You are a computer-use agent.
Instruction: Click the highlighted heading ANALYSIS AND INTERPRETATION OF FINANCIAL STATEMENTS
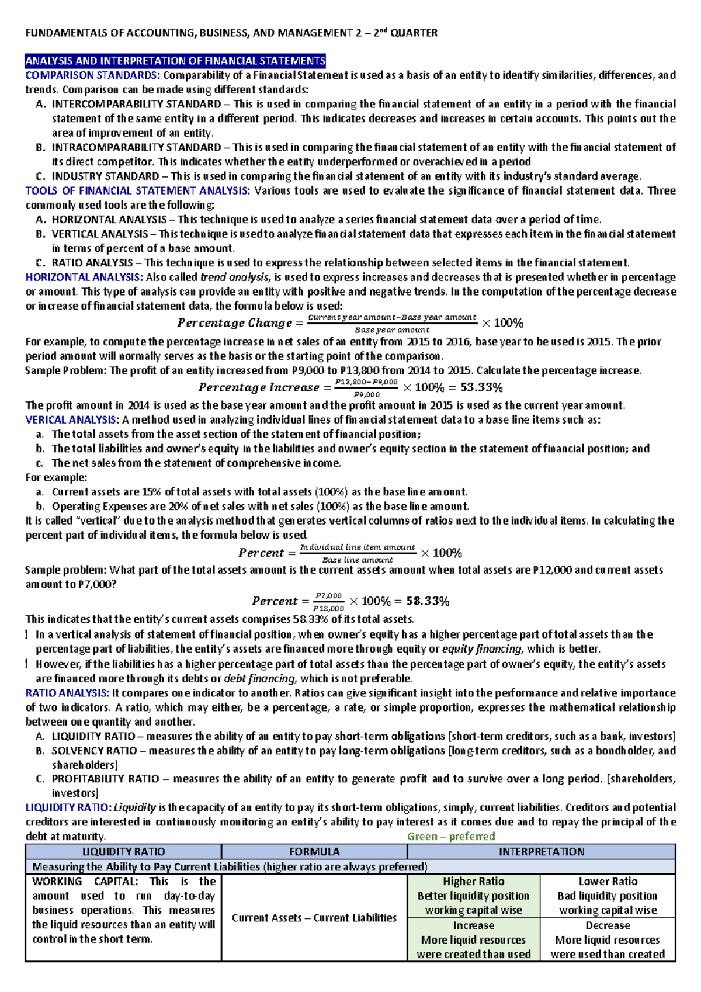175,61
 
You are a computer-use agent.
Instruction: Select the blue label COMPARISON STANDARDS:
92,75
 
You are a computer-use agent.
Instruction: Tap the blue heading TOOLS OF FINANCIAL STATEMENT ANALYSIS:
138,190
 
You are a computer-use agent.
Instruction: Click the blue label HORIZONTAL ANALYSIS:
84,278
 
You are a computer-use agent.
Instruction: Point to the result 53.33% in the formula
481,387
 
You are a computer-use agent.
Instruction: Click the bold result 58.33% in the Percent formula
428,601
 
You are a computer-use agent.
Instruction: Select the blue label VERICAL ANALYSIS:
72,419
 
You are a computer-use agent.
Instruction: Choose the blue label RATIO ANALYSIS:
67,693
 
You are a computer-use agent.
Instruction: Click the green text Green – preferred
451,836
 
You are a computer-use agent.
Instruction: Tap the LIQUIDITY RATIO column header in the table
123,852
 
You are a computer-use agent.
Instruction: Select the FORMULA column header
314,852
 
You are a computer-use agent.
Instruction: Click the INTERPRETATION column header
541,852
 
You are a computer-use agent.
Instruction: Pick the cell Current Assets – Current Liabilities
314,918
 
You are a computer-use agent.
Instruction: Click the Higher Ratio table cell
474,882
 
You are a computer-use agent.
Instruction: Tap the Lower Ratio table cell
608,882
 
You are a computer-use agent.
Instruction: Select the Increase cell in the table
474,925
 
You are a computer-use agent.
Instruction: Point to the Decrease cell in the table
608,925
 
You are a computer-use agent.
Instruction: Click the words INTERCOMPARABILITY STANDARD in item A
136,104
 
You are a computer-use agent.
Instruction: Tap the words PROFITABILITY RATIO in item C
105,779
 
